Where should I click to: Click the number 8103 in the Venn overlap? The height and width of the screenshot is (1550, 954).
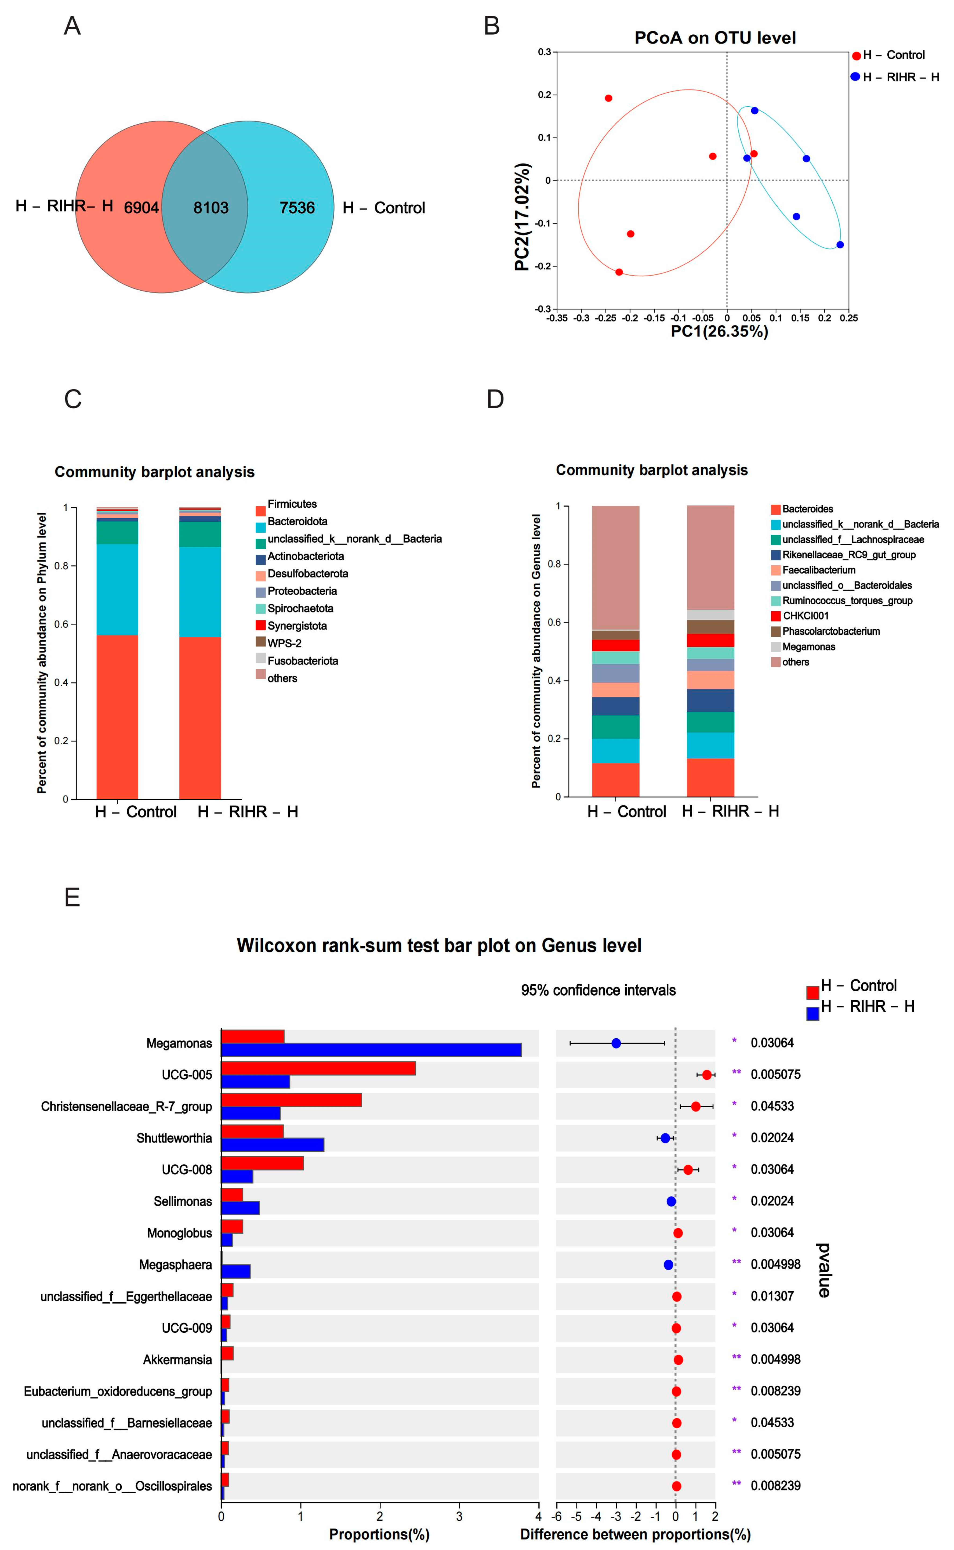[x=211, y=208]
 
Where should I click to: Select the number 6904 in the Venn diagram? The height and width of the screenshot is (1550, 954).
[x=141, y=208]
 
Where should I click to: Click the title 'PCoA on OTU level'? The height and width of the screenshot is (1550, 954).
[x=715, y=38]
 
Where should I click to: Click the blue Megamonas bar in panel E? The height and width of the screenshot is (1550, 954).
[x=371, y=1050]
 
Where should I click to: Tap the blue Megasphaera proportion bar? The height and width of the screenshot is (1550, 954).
[x=236, y=1271]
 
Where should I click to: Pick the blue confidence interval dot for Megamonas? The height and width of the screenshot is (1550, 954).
[x=616, y=1043]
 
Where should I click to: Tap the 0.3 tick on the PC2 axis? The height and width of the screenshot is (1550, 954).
[x=544, y=52]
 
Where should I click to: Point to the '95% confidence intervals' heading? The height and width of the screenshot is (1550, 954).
[x=598, y=990]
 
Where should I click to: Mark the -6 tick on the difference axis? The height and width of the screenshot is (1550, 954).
[x=557, y=1516]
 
